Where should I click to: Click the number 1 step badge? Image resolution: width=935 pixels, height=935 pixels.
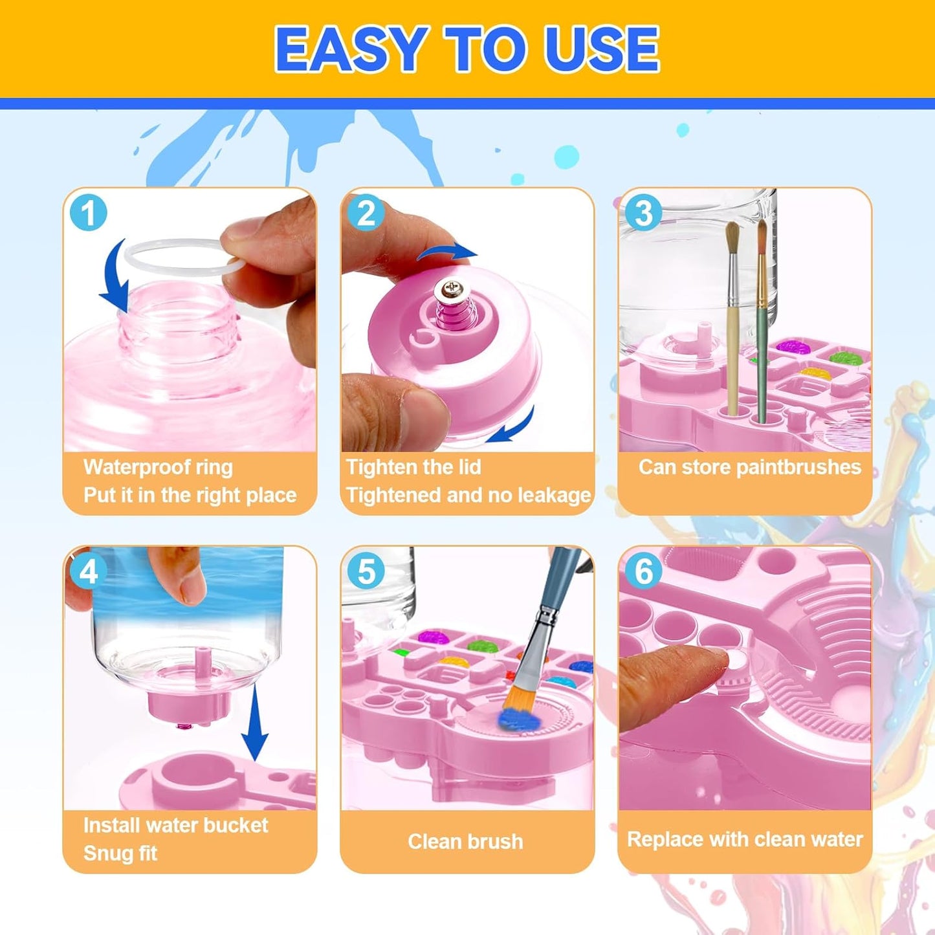click(88, 213)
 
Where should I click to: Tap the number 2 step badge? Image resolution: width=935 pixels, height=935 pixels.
click(366, 213)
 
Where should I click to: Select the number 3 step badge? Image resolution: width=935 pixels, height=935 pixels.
click(643, 213)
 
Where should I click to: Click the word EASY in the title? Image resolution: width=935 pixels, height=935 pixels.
click(349, 49)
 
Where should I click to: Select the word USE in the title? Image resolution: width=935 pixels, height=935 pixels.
click(602, 49)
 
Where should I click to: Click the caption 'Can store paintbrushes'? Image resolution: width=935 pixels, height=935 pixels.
click(749, 467)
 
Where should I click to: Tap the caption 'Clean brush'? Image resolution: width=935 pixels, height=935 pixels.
click(465, 841)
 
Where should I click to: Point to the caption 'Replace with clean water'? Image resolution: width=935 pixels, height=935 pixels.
click(745, 839)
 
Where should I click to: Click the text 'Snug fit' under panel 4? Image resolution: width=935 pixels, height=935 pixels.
click(120, 853)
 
